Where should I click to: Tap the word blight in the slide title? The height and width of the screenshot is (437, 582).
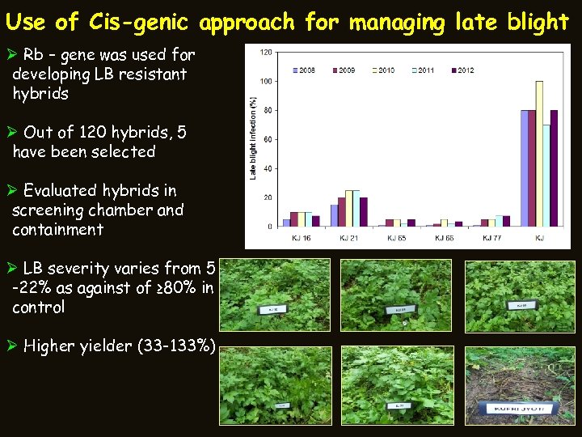click(x=536, y=22)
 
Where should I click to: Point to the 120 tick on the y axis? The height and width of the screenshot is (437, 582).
click(x=265, y=52)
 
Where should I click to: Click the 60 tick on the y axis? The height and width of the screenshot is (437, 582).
click(x=267, y=139)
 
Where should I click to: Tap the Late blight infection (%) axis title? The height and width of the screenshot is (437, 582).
click(x=253, y=138)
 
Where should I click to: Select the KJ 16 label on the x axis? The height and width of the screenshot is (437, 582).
click(x=302, y=238)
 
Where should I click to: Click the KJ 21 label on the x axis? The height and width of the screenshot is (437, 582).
click(x=349, y=238)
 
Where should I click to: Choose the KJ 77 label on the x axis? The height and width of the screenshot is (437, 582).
click(x=492, y=238)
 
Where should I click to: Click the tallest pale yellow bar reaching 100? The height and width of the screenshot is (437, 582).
click(x=539, y=153)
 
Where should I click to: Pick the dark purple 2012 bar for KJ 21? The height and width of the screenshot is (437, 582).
click(x=364, y=211)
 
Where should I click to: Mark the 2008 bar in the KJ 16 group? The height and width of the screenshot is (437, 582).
click(x=286, y=222)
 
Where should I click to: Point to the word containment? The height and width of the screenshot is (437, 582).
click(x=58, y=230)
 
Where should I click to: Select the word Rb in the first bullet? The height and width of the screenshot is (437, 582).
click(x=33, y=56)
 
